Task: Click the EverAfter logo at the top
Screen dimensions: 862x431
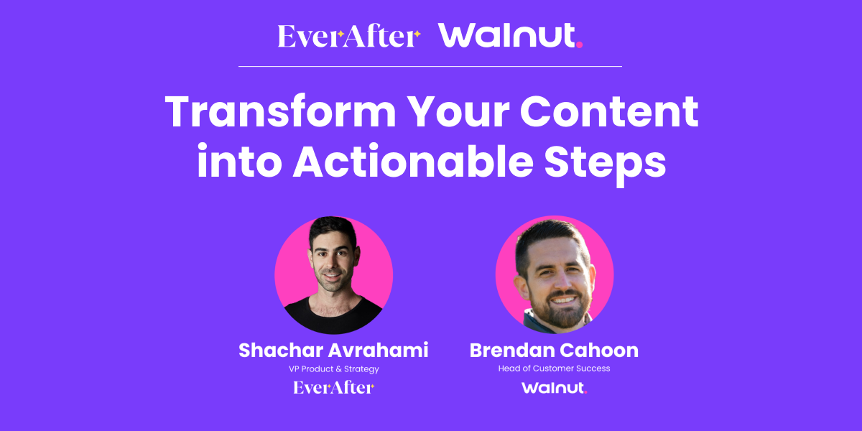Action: (x=349, y=36)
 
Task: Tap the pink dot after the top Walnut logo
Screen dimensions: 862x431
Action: (x=579, y=45)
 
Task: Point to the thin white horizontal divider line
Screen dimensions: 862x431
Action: (x=430, y=67)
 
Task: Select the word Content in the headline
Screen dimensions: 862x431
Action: (x=609, y=111)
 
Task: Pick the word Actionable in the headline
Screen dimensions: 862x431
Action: (x=413, y=161)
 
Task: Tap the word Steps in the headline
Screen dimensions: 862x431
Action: (x=605, y=164)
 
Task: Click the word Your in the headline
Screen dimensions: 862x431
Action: (x=458, y=111)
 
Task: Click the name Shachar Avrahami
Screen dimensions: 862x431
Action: (x=333, y=351)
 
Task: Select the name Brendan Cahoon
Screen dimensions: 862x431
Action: (x=554, y=351)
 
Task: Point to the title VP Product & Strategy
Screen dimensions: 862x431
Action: (x=333, y=369)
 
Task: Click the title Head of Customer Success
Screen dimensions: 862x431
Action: (x=554, y=369)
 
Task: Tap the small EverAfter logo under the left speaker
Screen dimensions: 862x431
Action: (x=333, y=387)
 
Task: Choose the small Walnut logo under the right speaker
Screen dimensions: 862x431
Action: (x=554, y=388)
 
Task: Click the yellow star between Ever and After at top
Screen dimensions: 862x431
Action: (x=340, y=34)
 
